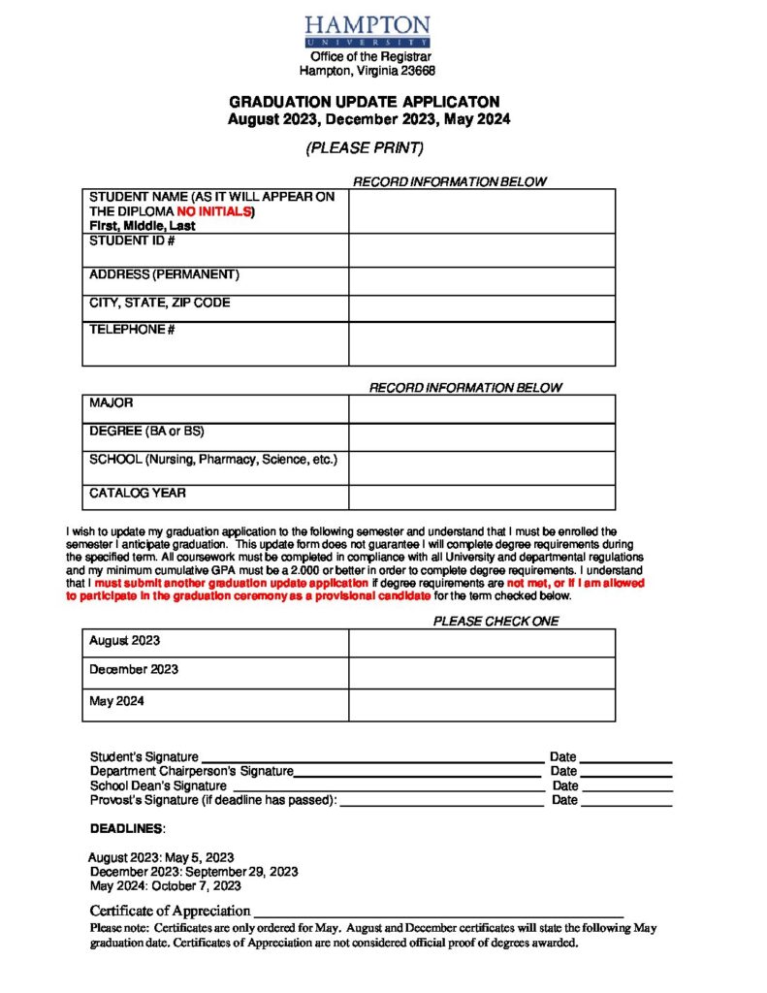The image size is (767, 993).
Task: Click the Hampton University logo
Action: pos(367,31)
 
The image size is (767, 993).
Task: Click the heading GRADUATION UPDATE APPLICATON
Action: pos(365,102)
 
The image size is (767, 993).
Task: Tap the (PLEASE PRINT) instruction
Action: pos(365,148)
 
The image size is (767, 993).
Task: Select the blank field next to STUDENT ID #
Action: pos(481,250)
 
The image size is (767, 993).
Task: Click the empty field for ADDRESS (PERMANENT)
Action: pos(481,281)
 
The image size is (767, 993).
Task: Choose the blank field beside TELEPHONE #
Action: pos(481,343)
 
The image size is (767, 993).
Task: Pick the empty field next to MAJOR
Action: pos(481,409)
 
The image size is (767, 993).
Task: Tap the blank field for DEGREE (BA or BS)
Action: pos(481,437)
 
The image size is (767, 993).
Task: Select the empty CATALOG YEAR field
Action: pos(481,497)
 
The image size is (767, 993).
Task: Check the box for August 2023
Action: pos(481,643)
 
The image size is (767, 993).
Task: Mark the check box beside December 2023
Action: pos(481,673)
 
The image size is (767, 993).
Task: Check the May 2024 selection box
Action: pos(481,705)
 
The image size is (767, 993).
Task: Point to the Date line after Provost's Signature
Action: pos(625,801)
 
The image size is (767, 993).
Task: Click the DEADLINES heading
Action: pos(127,829)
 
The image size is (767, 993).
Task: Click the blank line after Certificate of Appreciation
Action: pos(437,912)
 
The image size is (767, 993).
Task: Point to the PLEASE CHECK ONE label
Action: pos(495,622)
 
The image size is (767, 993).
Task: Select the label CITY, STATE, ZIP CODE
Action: pos(160,303)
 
